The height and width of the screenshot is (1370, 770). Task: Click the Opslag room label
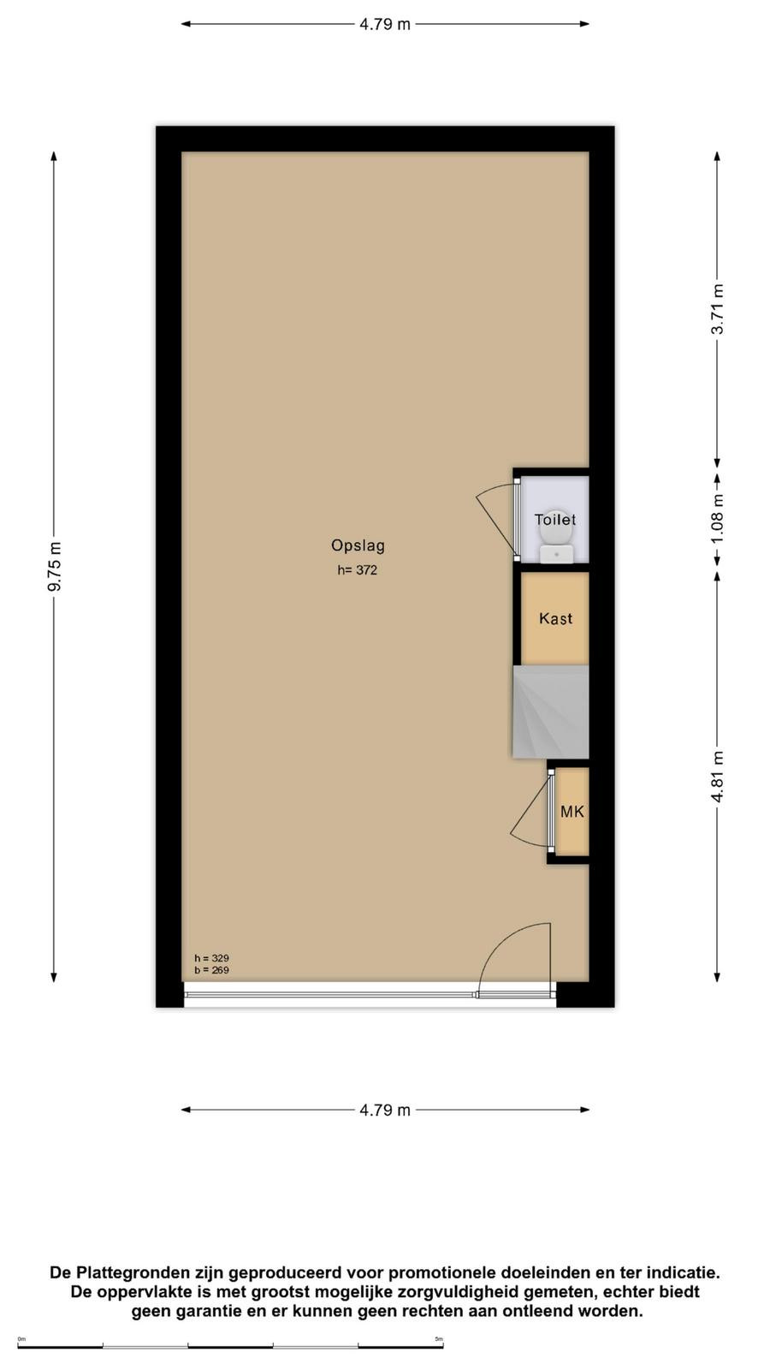pyautogui.click(x=358, y=546)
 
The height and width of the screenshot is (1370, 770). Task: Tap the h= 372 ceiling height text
pyautogui.click(x=358, y=570)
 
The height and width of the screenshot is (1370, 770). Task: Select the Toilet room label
pyautogui.click(x=555, y=520)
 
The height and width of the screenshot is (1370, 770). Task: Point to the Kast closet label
pyautogui.click(x=555, y=618)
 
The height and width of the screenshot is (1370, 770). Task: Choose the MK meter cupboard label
pyautogui.click(x=572, y=812)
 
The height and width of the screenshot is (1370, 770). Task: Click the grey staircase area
pyautogui.click(x=551, y=712)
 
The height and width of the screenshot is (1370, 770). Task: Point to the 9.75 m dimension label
pyautogui.click(x=55, y=566)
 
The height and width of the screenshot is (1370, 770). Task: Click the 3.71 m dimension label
pyautogui.click(x=718, y=309)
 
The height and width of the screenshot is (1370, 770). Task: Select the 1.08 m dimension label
pyautogui.click(x=718, y=519)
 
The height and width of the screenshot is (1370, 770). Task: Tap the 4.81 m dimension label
pyautogui.click(x=718, y=777)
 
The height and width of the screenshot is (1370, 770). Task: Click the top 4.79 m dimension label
pyautogui.click(x=385, y=25)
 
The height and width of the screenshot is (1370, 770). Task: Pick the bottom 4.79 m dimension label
pyautogui.click(x=385, y=1110)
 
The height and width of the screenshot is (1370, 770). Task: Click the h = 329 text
pyautogui.click(x=211, y=958)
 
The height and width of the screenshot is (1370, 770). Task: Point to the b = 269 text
pyautogui.click(x=211, y=970)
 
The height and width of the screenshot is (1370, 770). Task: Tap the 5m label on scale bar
pyautogui.click(x=439, y=1339)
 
